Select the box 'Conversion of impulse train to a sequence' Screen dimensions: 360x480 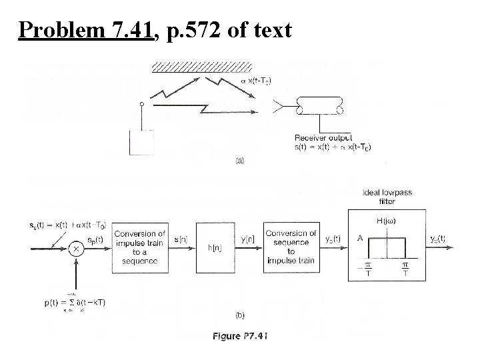tap(139, 247)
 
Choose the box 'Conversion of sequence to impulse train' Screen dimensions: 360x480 tap(290, 247)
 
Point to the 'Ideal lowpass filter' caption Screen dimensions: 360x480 tap(387, 197)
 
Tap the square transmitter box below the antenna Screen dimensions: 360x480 tap(141, 141)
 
